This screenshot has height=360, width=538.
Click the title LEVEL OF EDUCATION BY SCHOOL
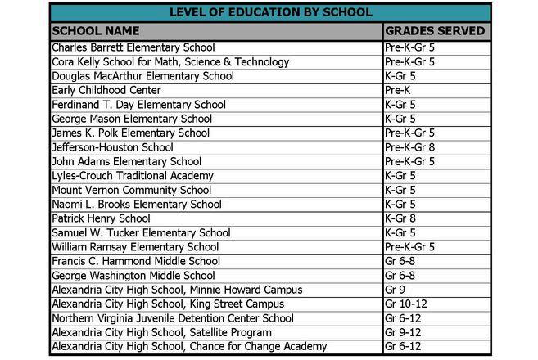pos(270,12)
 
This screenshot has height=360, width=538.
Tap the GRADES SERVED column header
pos(435,31)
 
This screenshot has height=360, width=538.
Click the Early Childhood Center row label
pos(106,90)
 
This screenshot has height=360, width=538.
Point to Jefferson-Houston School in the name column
pos(112,147)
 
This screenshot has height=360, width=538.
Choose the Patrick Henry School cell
pos(101,218)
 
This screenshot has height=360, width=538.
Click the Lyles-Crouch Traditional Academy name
pos(133,176)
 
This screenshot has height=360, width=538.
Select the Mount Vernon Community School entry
pos(131,190)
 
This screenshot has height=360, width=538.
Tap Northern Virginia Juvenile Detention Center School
pos(172,318)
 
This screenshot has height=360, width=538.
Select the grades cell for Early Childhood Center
pos(396,90)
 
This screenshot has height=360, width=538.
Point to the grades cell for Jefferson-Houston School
pos(409,147)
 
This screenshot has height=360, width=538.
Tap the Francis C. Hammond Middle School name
pos(136,261)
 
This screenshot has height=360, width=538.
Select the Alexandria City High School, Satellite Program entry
pos(161,332)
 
